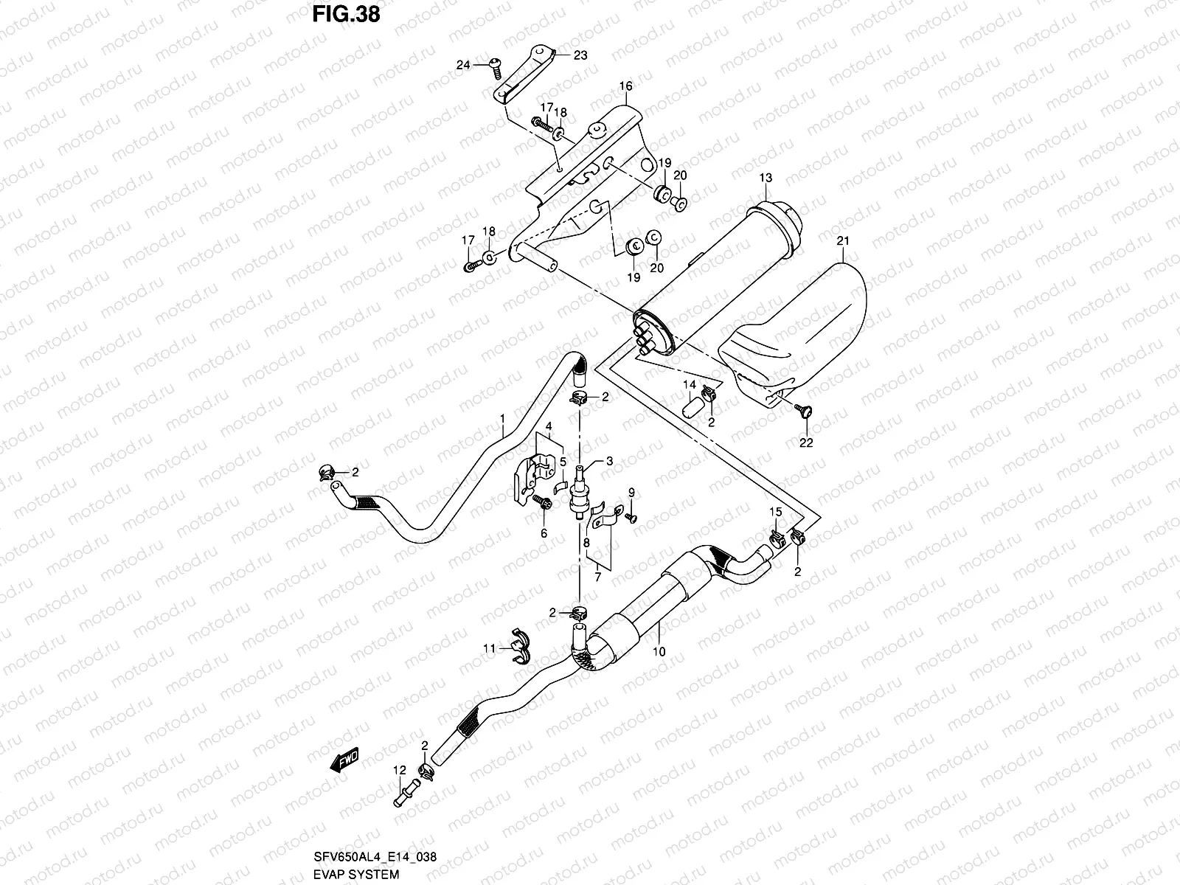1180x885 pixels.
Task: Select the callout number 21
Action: tap(844, 241)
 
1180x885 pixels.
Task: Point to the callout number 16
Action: tap(625, 87)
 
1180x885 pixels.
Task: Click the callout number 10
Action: tap(659, 652)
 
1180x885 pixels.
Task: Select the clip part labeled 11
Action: tap(518, 647)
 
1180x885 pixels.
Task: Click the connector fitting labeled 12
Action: tap(403, 799)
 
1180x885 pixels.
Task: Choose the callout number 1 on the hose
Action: tap(502, 419)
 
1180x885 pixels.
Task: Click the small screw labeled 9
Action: tap(631, 518)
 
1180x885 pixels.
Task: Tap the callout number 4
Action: tap(549, 427)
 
